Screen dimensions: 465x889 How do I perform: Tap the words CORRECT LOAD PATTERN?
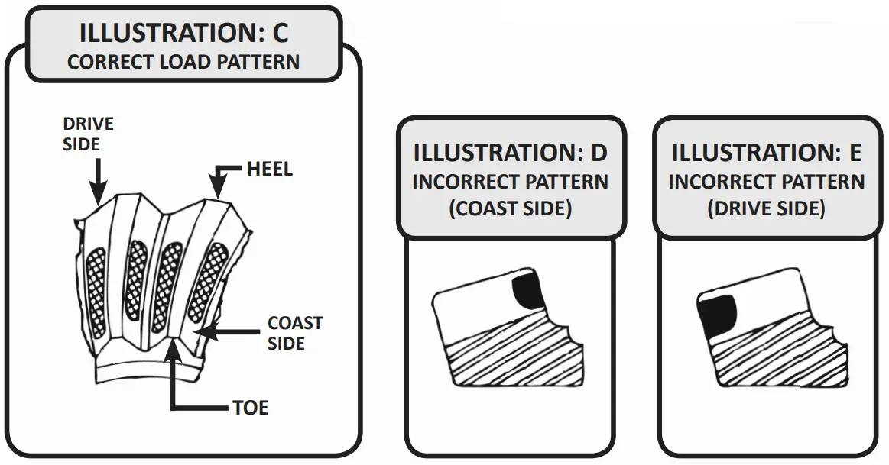183,62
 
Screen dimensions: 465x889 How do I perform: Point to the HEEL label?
269,169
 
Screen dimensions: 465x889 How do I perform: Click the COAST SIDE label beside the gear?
294,333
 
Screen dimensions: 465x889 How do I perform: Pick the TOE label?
250,408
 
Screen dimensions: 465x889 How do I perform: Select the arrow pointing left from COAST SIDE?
229,333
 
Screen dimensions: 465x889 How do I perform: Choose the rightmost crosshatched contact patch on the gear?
209,280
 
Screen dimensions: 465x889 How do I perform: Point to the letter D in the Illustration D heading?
599,153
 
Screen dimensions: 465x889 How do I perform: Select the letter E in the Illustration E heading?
855,153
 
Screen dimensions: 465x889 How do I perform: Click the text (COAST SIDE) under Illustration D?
511,208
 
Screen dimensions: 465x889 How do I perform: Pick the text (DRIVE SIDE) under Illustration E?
767,208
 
